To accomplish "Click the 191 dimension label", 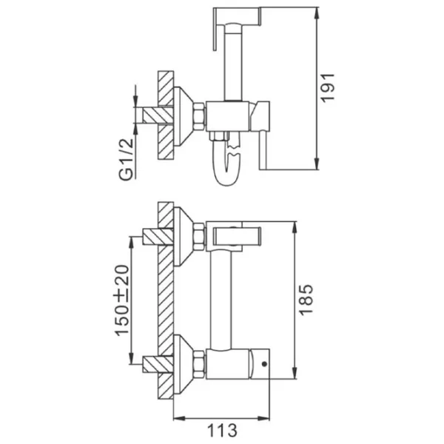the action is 327,87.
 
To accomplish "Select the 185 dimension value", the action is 306,300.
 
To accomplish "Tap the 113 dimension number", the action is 222,431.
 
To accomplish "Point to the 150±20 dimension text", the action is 122,300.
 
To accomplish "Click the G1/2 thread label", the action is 126,159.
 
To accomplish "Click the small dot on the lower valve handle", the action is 264,364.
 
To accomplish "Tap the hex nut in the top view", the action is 199,116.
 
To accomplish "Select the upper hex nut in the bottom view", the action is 199,237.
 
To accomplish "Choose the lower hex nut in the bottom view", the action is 199,364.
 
